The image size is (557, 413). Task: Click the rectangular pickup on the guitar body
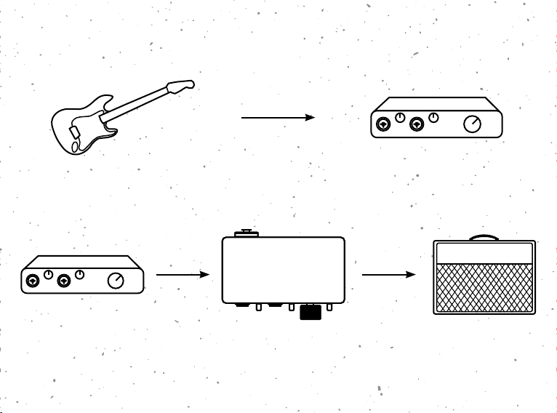[x=73, y=132]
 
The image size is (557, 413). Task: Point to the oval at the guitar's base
[x=76, y=147]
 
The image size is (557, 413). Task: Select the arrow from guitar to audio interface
[x=277, y=116]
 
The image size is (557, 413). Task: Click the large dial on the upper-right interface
[x=473, y=124]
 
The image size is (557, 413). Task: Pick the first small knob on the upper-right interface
[x=400, y=118]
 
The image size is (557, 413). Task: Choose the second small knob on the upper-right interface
[x=434, y=118]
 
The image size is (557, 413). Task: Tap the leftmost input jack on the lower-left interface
[x=32, y=281]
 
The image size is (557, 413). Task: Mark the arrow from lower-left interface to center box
[x=183, y=275]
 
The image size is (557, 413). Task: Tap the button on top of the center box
[x=245, y=233]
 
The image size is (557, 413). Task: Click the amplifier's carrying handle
[x=484, y=237]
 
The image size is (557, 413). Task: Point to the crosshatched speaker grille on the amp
[x=484, y=286]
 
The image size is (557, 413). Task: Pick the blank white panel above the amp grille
[x=484, y=253]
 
